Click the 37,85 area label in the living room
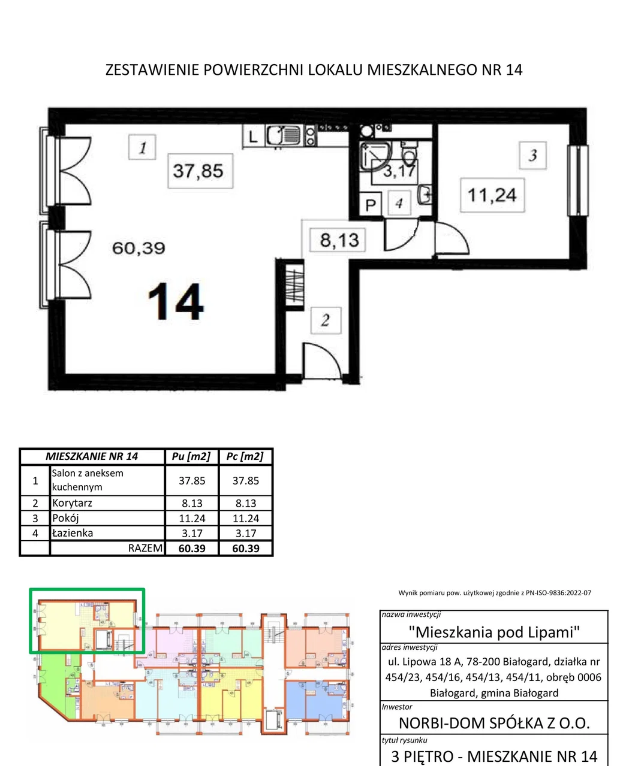pos(198,171)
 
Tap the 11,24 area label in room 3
pos(492,195)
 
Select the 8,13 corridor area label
pos(339,240)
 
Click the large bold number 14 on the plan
pos(176,302)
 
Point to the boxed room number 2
pos(326,320)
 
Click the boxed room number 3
pos(533,155)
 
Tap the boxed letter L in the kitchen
pos(252,137)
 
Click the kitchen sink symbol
pos(283,136)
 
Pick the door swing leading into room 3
pos(452,238)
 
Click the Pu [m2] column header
pos(191,456)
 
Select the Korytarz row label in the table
pos(72,502)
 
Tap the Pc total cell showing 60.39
pos(246,549)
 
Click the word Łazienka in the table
pos(73,532)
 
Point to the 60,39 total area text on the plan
pos(139,249)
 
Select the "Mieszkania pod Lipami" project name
pos(494,632)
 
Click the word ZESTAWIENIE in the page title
pos(152,69)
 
